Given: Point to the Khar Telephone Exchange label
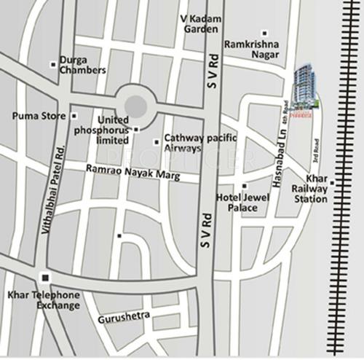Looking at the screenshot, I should (x=43, y=301).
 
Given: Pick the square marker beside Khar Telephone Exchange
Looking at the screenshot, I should (x=44, y=278).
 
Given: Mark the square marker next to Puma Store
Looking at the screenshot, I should (x=74, y=116).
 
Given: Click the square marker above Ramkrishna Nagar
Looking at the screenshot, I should (x=264, y=33).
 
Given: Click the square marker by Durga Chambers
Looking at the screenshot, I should (x=53, y=65).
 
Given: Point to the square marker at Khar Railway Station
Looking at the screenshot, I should (x=332, y=182).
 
